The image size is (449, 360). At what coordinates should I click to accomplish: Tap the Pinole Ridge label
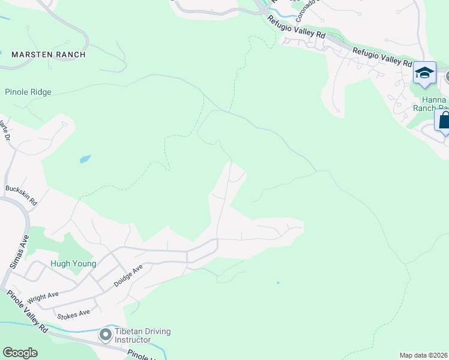tap(28, 92)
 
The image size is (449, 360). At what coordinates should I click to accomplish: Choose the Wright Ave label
tap(43, 295)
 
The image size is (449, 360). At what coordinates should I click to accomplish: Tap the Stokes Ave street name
tap(73, 313)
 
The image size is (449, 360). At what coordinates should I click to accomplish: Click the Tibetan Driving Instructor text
tap(144, 336)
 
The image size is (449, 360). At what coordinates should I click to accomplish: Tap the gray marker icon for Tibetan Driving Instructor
tap(106, 334)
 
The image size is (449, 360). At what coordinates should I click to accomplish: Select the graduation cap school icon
tap(424, 73)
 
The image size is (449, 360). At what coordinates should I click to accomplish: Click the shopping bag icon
tap(444, 120)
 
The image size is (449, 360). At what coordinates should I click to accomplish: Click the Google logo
tap(20, 353)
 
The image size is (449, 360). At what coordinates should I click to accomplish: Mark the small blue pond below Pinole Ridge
tap(85, 159)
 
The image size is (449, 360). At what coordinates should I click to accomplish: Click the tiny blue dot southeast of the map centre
tap(278, 283)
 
